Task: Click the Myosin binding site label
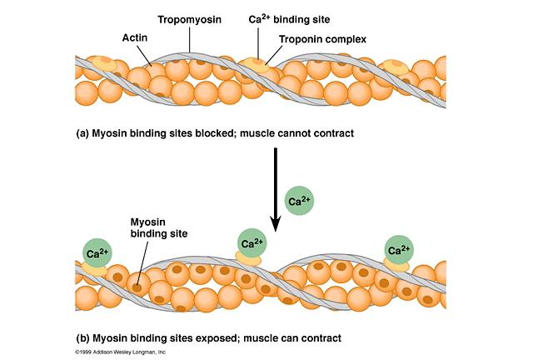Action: [x=152, y=227]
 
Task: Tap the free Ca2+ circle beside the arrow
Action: [x=299, y=201]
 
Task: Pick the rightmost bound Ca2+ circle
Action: [x=399, y=249]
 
